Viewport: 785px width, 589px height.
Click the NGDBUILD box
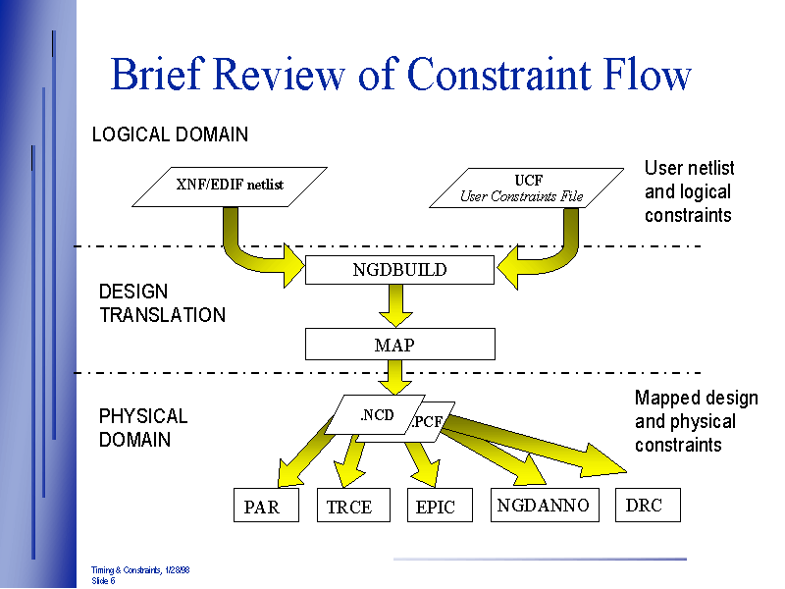point(399,270)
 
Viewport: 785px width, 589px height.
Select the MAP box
point(399,345)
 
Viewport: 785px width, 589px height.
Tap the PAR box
point(266,506)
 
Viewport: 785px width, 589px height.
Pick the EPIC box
point(439,506)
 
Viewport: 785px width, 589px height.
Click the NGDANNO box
point(544,505)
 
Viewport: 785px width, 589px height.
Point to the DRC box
point(647,505)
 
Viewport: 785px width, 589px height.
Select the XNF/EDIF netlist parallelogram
point(230,185)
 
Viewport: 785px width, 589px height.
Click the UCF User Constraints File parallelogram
point(526,188)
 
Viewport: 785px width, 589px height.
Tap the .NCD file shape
point(376,416)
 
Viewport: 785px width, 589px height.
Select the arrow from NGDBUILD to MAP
point(397,305)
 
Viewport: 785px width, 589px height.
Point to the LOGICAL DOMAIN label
point(170,134)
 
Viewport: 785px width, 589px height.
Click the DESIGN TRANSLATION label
point(162,303)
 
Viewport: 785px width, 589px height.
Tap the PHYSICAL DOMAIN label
point(143,428)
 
